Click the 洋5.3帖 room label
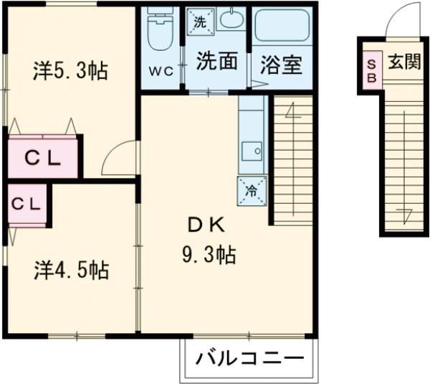pyautogui.click(x=70, y=71)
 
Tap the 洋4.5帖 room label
pyautogui.click(x=71, y=271)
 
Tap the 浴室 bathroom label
pyautogui.click(x=282, y=65)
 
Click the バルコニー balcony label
pyautogui.click(x=247, y=358)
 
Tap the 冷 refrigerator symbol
pyautogui.click(x=252, y=190)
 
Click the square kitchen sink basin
pyautogui.click(x=252, y=151)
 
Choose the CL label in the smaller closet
pyautogui.click(x=25, y=203)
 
